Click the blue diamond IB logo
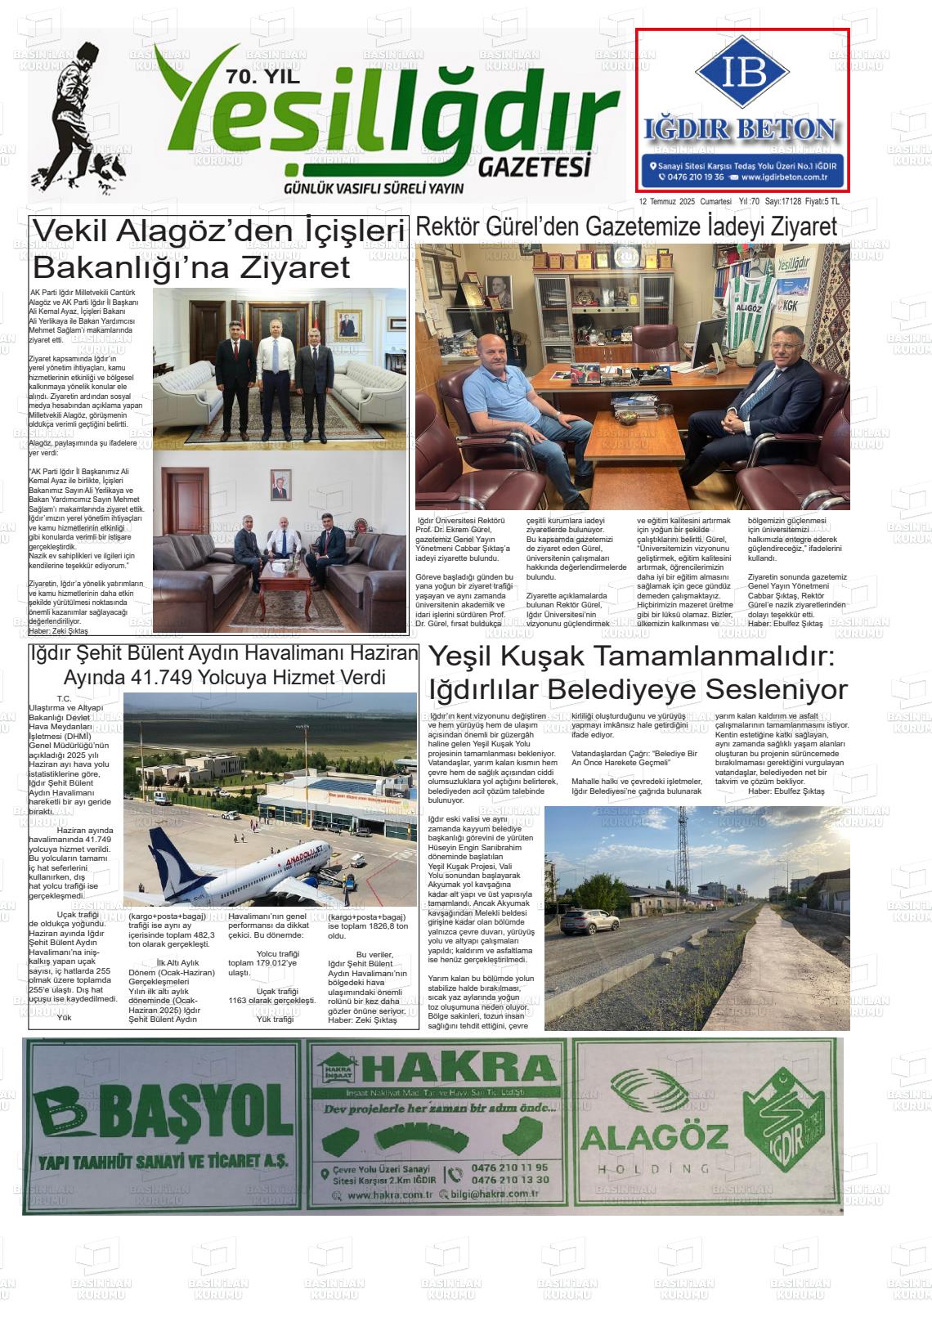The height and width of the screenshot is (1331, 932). (742, 72)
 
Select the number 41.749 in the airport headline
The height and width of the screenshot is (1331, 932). (160, 678)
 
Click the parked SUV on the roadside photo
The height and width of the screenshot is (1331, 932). (589, 921)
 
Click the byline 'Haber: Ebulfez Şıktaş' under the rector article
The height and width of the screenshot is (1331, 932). (785, 624)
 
